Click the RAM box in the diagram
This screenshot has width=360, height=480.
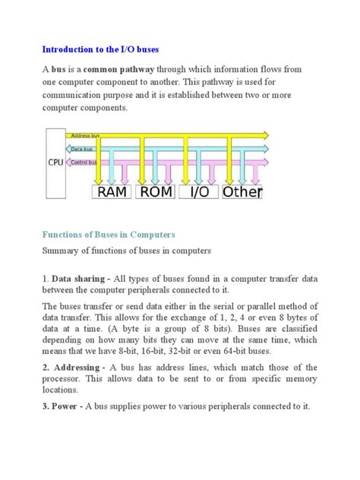pos(112,192)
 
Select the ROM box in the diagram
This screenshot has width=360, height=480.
pos(156,192)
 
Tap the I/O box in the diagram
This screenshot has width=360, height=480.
pos(199,192)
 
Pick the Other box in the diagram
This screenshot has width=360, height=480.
pos(242,192)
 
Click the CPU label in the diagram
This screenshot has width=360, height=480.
pos(55,162)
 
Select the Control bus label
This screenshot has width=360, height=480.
pos(83,162)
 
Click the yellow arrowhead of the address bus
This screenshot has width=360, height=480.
pos(264,135)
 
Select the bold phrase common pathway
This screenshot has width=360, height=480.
pos(112,69)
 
